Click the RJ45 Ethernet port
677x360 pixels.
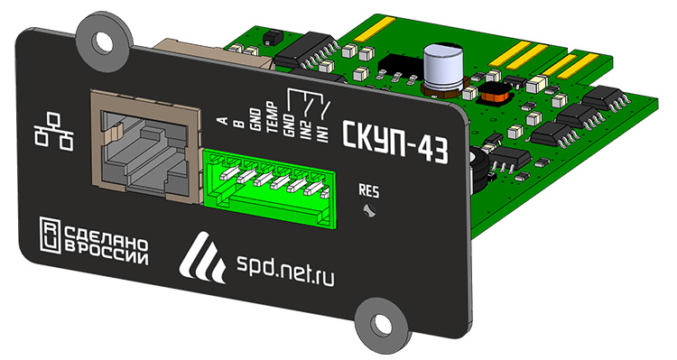[146, 146]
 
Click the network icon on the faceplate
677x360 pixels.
[53, 131]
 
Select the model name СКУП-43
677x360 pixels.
[395, 142]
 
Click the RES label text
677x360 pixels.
[369, 191]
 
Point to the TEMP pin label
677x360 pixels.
[272, 118]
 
